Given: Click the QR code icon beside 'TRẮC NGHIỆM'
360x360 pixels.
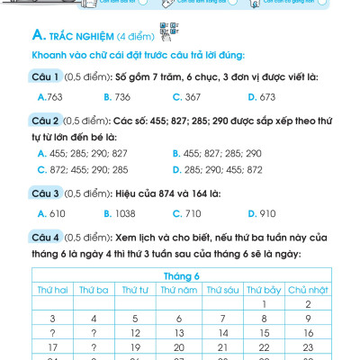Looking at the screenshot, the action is click(x=164, y=36).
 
